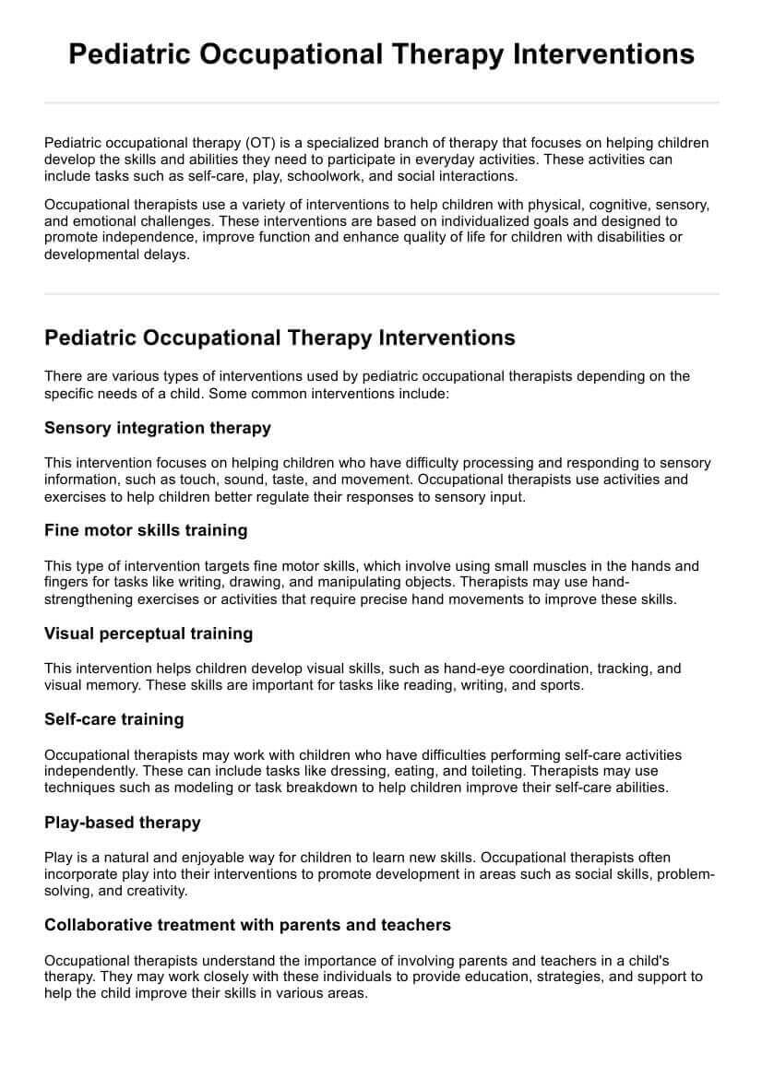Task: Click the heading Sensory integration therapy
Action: click(x=158, y=428)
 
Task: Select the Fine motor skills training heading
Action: click(x=146, y=530)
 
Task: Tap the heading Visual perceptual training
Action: click(x=149, y=634)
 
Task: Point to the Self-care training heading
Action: click(x=114, y=719)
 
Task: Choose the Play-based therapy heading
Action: click(x=123, y=822)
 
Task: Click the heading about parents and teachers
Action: click(x=247, y=924)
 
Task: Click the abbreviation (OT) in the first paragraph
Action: click(x=260, y=143)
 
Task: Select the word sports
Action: click(x=557, y=685)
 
